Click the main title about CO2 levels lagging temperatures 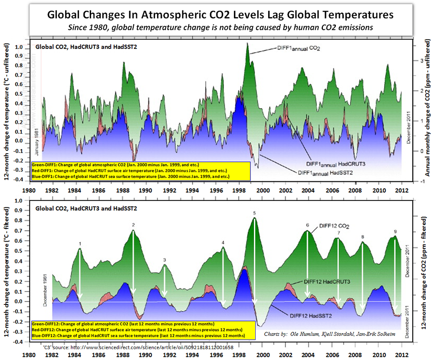pos(220,15)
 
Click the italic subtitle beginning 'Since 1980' pos(220,27)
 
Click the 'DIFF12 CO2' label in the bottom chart pos(334,226)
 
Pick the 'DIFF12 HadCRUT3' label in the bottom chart pos(327,281)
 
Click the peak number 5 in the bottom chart pos(254,213)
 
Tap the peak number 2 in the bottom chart pos(133,225)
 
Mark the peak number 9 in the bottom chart pos(395,231)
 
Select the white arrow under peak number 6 pos(308,265)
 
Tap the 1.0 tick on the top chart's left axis pos(19,46)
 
